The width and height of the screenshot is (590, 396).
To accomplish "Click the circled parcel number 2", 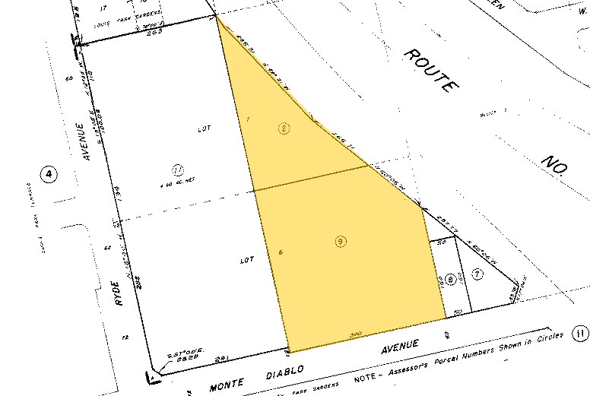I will tap(284, 129).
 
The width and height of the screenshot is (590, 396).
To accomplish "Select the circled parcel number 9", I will tap(341, 242).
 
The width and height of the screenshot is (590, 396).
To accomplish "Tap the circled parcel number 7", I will tap(477, 274).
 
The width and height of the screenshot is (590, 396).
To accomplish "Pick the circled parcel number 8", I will tap(451, 279).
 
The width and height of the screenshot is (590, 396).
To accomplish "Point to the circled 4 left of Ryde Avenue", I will tap(49, 176).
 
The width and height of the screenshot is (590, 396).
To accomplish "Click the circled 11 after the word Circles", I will tap(581, 333).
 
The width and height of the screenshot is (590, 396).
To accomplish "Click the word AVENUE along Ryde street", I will tap(88, 143).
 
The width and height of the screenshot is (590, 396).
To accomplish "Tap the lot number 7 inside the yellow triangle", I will tap(248, 119).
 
